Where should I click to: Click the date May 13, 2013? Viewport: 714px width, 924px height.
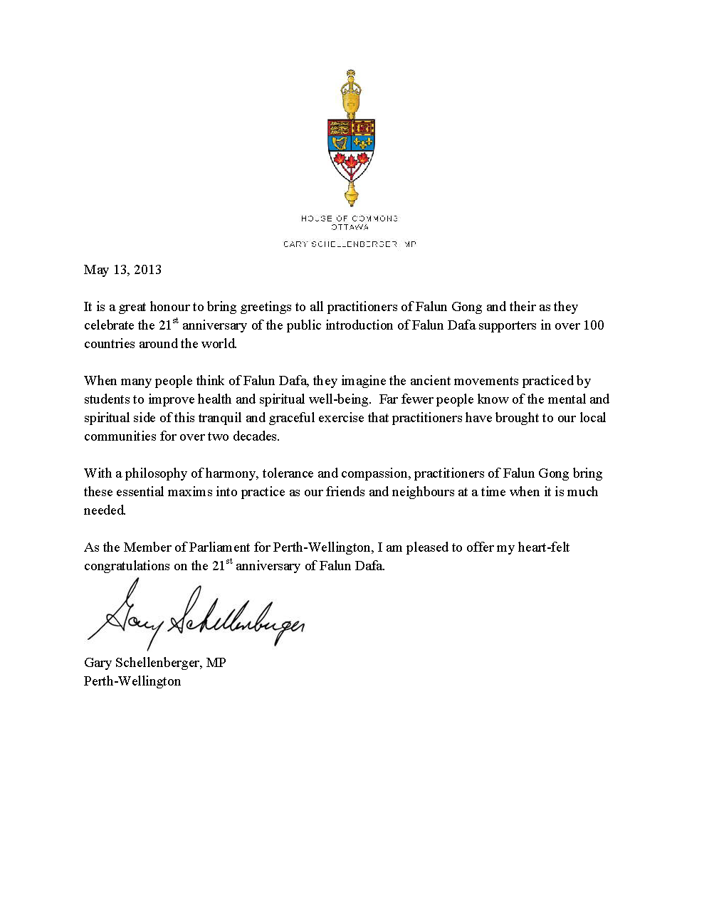pyautogui.click(x=122, y=270)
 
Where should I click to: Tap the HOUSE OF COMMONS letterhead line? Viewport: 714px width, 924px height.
pyautogui.click(x=350, y=219)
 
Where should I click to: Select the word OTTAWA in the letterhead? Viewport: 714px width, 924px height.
pyautogui.click(x=350, y=227)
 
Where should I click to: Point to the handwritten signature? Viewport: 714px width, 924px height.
pyautogui.click(x=196, y=616)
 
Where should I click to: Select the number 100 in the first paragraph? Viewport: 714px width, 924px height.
pyautogui.click(x=593, y=325)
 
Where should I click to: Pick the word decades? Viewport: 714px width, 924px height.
pyautogui.click(x=256, y=436)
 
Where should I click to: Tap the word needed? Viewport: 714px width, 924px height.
pyautogui.click(x=105, y=510)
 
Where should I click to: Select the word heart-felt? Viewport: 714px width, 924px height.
pyautogui.click(x=544, y=547)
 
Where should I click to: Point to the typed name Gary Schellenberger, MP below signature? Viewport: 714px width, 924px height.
pyautogui.click(x=155, y=663)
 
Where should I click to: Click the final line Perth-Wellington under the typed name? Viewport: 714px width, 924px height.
pyautogui.click(x=132, y=681)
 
